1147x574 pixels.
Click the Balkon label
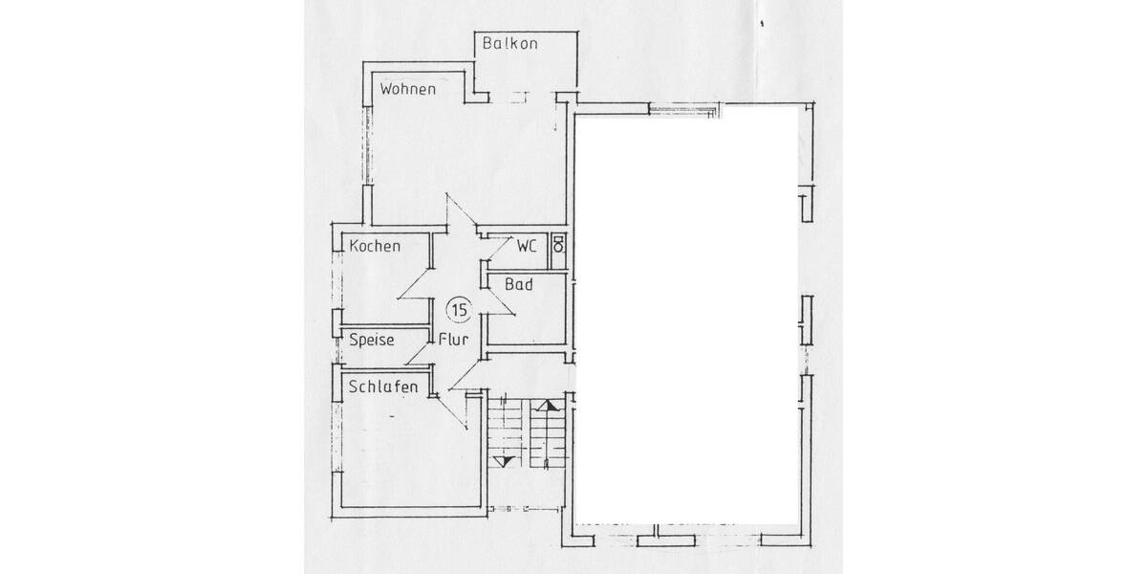[x=511, y=44]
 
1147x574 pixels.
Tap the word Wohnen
[x=407, y=89]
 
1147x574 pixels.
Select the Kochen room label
[x=375, y=246]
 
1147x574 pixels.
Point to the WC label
[x=527, y=246]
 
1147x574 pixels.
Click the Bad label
[x=519, y=284]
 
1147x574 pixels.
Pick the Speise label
[x=372, y=340]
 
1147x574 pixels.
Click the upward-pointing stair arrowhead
[x=547, y=406]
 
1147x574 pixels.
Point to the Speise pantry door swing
[x=418, y=353]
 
